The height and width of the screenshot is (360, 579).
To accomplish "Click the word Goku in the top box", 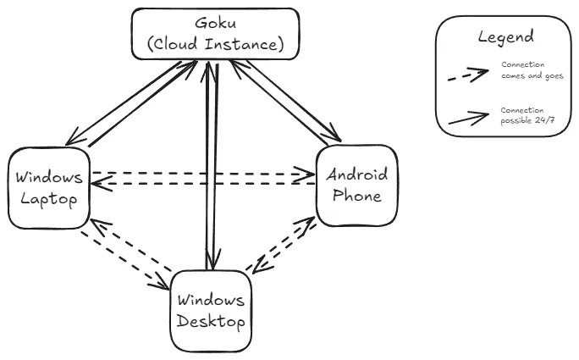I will coord(215,23).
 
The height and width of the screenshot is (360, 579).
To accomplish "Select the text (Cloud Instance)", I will coord(215,43).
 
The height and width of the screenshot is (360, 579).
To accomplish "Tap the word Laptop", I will coord(49,200).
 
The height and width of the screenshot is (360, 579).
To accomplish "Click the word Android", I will coord(357,175).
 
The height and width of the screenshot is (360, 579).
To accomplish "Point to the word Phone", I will coord(357,196).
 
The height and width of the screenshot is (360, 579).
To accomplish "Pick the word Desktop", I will coord(212,322).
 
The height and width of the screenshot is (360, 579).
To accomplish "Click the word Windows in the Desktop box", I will coord(212,301).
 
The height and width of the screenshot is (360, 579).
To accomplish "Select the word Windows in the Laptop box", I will coord(50,179).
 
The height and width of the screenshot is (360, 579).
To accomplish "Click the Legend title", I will coord(505,36).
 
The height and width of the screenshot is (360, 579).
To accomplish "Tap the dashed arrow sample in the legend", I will coord(468,75).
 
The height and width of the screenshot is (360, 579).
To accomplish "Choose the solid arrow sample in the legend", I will coord(468,117).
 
